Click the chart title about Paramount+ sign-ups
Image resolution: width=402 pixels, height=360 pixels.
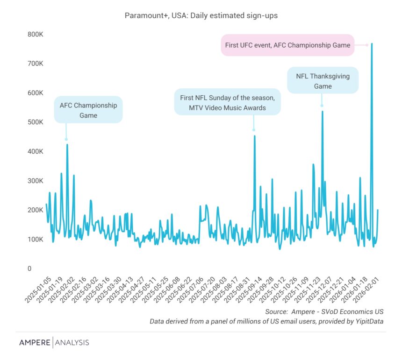tap(201, 15)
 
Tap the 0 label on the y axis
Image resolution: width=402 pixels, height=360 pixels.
tap(29, 268)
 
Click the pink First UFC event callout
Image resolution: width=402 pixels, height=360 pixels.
tap(287, 45)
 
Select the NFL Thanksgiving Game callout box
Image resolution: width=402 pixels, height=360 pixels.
tap(323, 80)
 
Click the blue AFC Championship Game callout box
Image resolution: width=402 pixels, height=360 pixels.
tap(88, 110)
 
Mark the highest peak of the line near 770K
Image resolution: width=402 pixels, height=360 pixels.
tap(372, 44)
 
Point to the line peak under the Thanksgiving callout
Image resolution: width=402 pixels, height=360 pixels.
tap(322, 111)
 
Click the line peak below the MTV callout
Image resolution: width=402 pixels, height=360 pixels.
tap(254, 136)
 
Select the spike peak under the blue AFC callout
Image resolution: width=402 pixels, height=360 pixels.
tap(67, 144)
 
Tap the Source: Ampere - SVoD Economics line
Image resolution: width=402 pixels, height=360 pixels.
tap(324, 311)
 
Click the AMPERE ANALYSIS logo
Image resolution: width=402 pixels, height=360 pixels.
tap(54, 343)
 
